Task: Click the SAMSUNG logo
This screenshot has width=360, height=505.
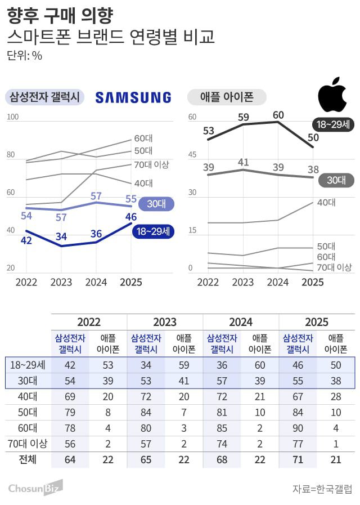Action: point(133,97)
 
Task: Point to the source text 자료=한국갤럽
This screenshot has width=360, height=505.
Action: point(322,488)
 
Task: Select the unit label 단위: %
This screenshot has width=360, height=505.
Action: point(25,55)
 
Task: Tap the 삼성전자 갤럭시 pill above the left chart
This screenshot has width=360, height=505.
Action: point(44,97)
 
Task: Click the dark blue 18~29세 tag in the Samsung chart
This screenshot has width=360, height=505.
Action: point(154,231)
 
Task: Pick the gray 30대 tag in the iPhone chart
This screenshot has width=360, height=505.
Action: point(336,180)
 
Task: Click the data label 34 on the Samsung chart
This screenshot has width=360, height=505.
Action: point(61,235)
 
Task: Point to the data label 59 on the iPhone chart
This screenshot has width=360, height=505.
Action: point(243,117)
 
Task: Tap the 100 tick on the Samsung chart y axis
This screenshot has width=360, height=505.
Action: point(13,117)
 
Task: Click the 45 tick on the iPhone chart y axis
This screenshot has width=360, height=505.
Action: point(192,155)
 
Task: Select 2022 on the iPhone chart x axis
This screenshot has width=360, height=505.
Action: point(208,282)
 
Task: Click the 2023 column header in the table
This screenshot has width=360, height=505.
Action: point(165,322)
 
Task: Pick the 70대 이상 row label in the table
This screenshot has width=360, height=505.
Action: point(28,443)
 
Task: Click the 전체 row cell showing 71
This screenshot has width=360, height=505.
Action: point(298,459)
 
